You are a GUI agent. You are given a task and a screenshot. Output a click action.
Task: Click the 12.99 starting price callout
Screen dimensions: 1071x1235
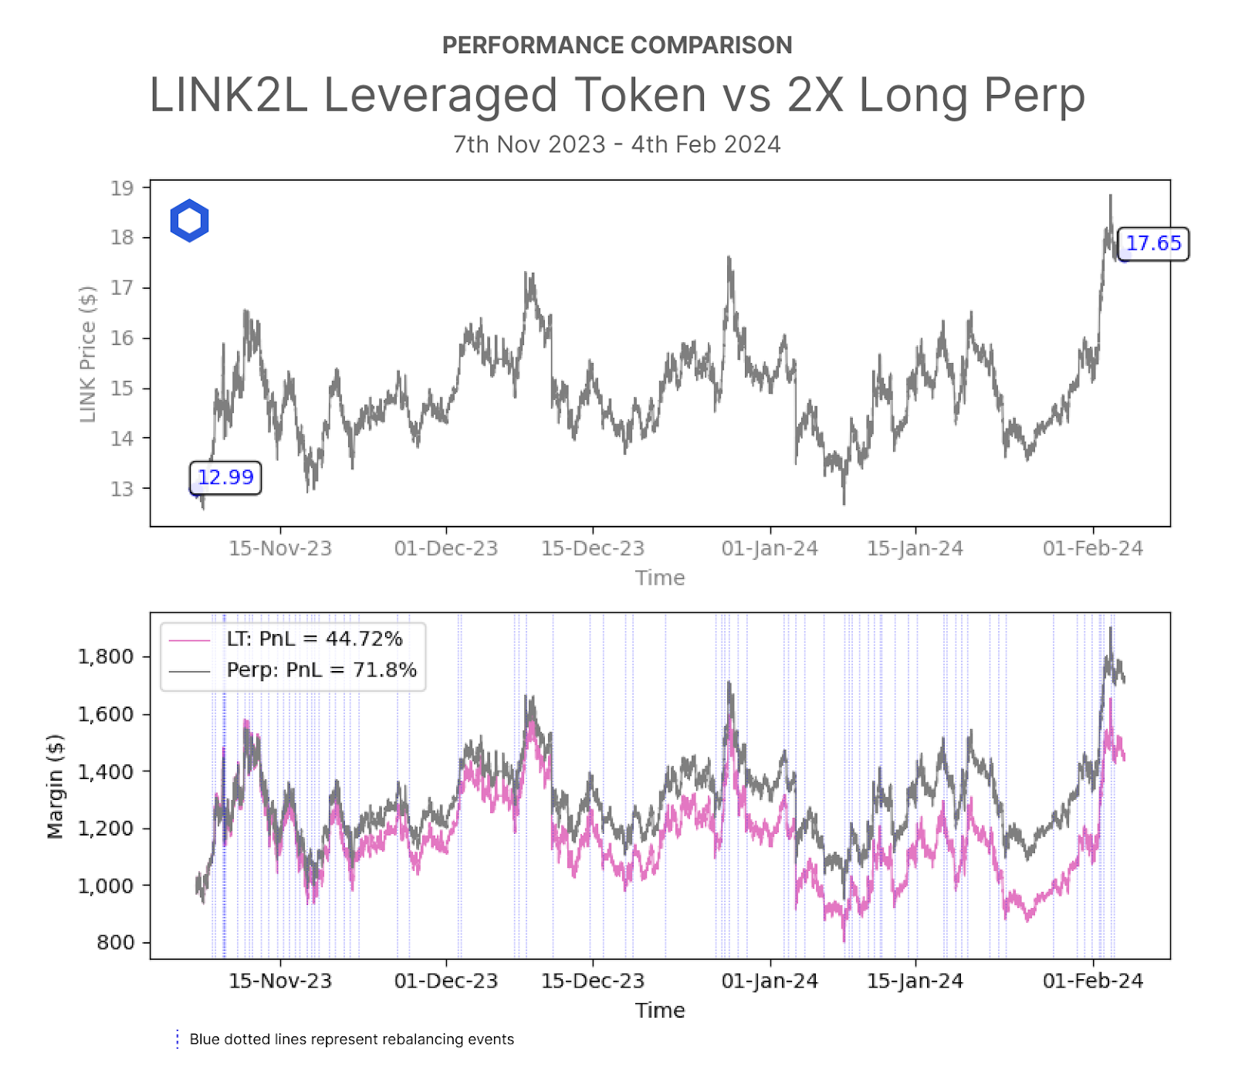pos(225,477)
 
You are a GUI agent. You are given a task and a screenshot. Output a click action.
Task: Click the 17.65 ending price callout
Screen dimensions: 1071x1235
pos(1153,243)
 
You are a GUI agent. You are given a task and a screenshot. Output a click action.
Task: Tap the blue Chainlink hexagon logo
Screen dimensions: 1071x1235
pos(189,221)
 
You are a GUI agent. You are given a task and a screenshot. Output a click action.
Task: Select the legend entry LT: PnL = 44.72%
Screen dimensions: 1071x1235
pos(314,639)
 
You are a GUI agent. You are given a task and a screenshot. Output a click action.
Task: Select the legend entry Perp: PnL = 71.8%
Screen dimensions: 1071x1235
pos(321,669)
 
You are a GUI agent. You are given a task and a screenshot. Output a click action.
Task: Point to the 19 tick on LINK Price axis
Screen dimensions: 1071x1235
pos(122,188)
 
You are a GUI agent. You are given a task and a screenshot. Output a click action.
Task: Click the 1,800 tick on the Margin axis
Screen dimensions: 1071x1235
pos(106,656)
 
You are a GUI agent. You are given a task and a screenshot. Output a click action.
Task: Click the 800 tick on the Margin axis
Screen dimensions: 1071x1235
pos(115,942)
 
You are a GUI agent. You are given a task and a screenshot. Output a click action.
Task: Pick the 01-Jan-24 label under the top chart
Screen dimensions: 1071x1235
pos(770,548)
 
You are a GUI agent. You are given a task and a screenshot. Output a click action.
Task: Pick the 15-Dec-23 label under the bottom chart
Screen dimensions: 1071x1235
pos(592,981)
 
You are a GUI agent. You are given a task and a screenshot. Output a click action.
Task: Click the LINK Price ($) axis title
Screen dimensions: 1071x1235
pos(88,354)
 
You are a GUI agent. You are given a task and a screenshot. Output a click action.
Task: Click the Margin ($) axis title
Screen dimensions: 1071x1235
pos(55,786)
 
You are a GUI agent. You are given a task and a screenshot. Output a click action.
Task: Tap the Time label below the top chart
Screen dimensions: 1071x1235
pos(660,578)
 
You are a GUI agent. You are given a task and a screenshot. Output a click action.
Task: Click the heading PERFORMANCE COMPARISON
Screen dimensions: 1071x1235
pos(617,45)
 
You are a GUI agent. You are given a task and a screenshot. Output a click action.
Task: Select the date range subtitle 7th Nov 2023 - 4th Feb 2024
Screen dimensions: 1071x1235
pos(617,144)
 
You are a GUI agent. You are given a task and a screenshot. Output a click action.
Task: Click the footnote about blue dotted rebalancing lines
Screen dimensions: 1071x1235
pos(351,1039)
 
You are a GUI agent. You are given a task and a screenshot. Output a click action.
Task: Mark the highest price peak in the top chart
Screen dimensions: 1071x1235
pos(1110,196)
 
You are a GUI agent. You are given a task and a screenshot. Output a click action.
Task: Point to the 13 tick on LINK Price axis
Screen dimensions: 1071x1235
pos(122,489)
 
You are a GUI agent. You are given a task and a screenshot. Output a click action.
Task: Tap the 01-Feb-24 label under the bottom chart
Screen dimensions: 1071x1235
pos(1092,981)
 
